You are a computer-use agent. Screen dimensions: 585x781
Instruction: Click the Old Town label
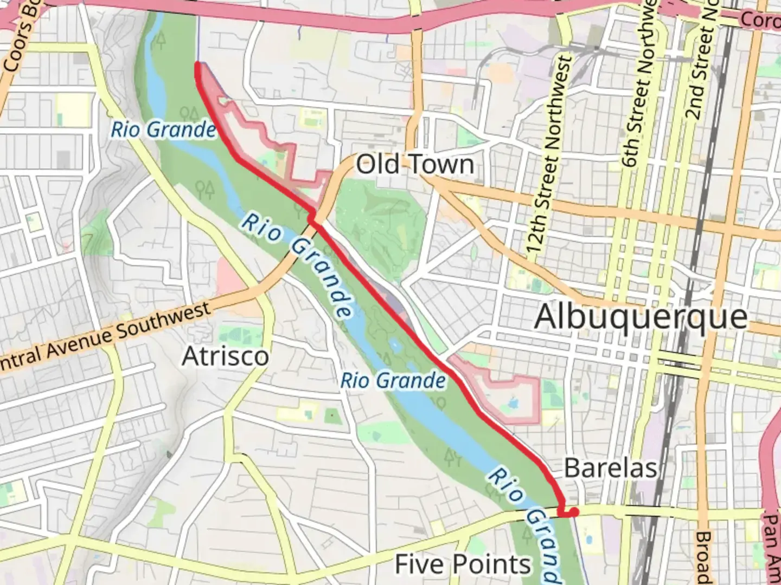415,164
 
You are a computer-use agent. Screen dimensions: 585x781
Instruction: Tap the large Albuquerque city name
641,317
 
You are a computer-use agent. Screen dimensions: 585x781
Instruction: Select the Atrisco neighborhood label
225,356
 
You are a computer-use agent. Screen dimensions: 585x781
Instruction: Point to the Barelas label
611,468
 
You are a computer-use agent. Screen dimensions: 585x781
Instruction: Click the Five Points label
463,564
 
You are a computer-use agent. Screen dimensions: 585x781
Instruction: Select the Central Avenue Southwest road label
103,339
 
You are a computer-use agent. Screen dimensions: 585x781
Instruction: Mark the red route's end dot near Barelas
574,511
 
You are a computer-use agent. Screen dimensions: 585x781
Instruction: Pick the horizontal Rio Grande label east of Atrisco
393,380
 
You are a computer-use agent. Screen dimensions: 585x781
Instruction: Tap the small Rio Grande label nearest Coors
163,130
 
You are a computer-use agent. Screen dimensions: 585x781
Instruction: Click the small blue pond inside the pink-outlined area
512,404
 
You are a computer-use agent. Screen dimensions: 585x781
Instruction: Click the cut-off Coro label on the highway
760,21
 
